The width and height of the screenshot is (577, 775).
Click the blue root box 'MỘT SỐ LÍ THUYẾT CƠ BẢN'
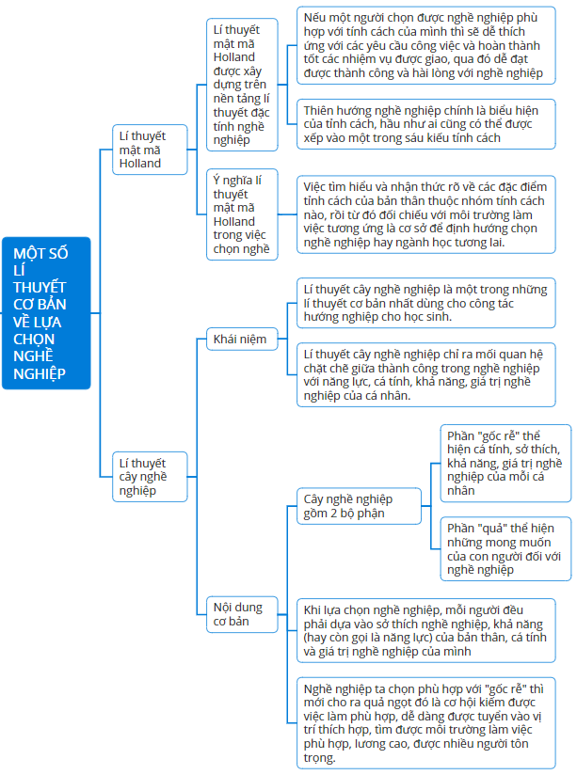point(46,313)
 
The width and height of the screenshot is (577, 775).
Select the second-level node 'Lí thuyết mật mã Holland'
point(150,150)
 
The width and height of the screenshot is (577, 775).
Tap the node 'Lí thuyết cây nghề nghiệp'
point(150,477)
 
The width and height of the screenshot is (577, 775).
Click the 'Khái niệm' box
point(242,339)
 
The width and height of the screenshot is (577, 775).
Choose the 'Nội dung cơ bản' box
point(242,614)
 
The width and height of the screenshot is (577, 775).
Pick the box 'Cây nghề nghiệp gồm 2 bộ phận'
point(359,506)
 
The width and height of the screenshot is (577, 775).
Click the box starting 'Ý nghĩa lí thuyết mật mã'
point(242,214)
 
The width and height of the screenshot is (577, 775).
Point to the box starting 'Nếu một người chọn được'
point(426,45)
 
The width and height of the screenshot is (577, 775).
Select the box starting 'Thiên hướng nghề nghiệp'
point(426,124)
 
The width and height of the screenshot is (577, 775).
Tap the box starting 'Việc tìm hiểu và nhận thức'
point(426,214)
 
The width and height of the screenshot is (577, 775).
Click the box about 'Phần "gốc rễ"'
point(505,463)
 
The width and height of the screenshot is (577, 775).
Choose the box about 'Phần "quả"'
point(505,548)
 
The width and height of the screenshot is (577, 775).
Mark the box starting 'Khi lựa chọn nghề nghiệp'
point(426,631)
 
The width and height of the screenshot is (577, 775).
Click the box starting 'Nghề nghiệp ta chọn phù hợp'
point(426,723)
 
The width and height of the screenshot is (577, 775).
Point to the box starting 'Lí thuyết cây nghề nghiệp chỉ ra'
point(426,374)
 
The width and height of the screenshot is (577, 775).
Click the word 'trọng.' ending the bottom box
point(320,758)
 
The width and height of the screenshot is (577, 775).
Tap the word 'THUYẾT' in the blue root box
point(40,287)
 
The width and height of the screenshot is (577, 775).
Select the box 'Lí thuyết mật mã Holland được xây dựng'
point(242,85)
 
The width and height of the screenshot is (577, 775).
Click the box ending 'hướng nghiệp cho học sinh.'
point(426,303)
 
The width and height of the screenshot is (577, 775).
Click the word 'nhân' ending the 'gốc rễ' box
point(460,491)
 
